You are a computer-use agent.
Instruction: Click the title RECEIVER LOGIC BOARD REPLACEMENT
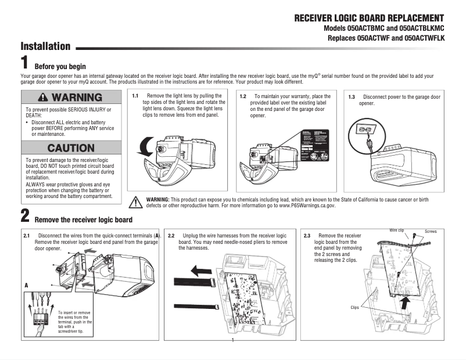[369, 18]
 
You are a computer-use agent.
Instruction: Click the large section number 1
[25, 63]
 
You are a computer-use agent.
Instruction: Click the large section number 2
[25, 217]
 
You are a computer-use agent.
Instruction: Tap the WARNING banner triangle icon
[44, 97]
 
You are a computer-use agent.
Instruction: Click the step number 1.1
[135, 96]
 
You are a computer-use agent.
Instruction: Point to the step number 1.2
[243, 96]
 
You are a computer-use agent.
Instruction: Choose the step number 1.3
[351, 96]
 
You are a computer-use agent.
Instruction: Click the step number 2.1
[27, 236]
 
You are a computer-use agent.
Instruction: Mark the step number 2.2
[171, 236]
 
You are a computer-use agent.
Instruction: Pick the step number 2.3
[307, 236]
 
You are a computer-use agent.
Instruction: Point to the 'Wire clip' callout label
[397, 231]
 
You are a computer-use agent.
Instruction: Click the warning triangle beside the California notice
[135, 202]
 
